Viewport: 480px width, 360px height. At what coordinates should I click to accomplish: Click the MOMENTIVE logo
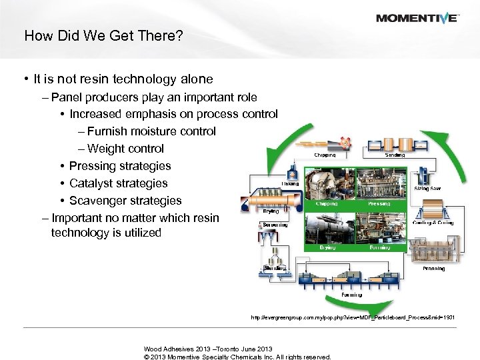tap(416, 18)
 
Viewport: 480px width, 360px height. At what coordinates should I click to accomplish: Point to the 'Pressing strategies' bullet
tap(120, 165)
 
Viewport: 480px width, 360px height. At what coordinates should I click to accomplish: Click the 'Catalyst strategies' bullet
tap(119, 183)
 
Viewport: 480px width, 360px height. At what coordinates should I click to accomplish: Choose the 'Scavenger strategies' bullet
tap(125, 200)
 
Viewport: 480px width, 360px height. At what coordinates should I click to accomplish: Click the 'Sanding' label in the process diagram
tap(395, 154)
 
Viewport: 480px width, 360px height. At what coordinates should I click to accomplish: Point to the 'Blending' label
tap(275, 268)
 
